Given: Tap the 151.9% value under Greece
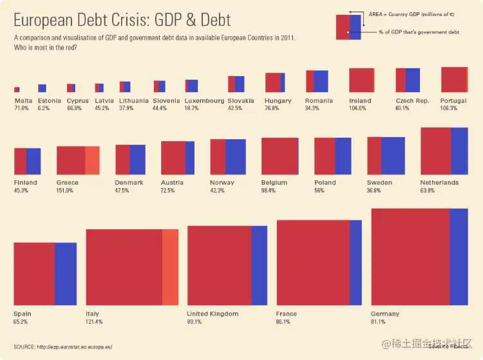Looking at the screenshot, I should click(65, 191).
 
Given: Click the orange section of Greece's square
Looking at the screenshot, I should click(92, 160).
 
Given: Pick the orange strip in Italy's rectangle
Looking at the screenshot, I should click(170, 267).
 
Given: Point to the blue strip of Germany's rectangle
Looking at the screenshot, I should click(458, 256).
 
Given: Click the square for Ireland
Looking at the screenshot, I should click(361, 80).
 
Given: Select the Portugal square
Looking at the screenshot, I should click(454, 79).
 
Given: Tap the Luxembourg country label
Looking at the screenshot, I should click(204, 100).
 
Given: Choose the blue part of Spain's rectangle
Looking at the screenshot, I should click(66, 273).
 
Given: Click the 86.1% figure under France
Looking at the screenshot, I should click(283, 321).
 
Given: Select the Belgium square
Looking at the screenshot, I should click(279, 156).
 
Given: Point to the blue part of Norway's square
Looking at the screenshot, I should click(236, 156).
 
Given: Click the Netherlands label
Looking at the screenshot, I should click(439, 182).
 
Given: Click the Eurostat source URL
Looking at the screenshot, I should click(75, 346).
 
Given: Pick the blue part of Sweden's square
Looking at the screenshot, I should click(393, 155).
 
